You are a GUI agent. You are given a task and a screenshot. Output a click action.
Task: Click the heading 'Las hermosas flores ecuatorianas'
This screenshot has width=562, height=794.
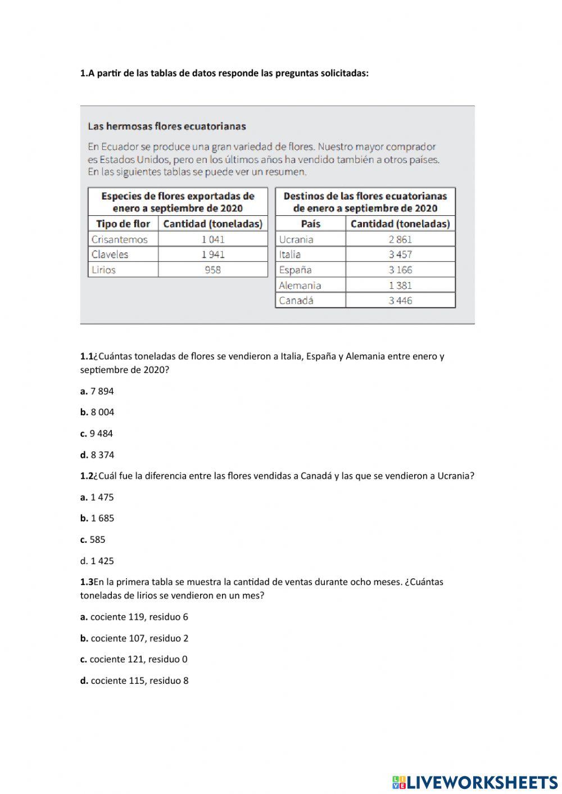[x=167, y=126]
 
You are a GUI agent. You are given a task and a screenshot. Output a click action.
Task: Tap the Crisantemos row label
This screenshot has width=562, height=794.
[x=120, y=239]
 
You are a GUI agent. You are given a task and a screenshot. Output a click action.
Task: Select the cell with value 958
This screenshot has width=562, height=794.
[x=213, y=270]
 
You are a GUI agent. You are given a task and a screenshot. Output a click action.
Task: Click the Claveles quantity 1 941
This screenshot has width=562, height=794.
[x=213, y=255]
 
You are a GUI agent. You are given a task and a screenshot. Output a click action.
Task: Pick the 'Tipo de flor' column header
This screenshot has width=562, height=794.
[x=123, y=224]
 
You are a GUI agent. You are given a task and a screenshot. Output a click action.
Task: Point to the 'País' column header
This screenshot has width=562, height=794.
[x=310, y=224]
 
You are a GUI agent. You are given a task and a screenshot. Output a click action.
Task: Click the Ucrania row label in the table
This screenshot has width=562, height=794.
[x=296, y=239]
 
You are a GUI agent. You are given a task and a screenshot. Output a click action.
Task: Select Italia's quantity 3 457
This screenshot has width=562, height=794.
[x=400, y=255]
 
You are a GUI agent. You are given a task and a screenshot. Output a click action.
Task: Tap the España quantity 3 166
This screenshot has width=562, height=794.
[x=400, y=270]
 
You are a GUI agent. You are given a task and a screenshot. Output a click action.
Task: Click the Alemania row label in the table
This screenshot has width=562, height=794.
[x=300, y=285]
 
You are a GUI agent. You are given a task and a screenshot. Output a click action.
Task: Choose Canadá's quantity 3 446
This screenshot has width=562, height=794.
[x=400, y=301]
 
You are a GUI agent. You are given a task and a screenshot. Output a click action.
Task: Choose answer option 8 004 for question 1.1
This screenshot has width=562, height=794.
[x=102, y=412]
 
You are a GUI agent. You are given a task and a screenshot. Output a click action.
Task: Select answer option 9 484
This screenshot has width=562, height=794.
[x=101, y=433]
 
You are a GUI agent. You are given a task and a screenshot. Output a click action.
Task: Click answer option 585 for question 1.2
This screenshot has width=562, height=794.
[x=97, y=539]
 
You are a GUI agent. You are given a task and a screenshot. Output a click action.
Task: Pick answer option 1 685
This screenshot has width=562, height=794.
[x=102, y=518]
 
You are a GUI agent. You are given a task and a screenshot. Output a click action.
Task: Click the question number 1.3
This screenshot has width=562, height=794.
[x=87, y=582]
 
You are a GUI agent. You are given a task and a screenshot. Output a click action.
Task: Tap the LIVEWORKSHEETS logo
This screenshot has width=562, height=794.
[x=475, y=782]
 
